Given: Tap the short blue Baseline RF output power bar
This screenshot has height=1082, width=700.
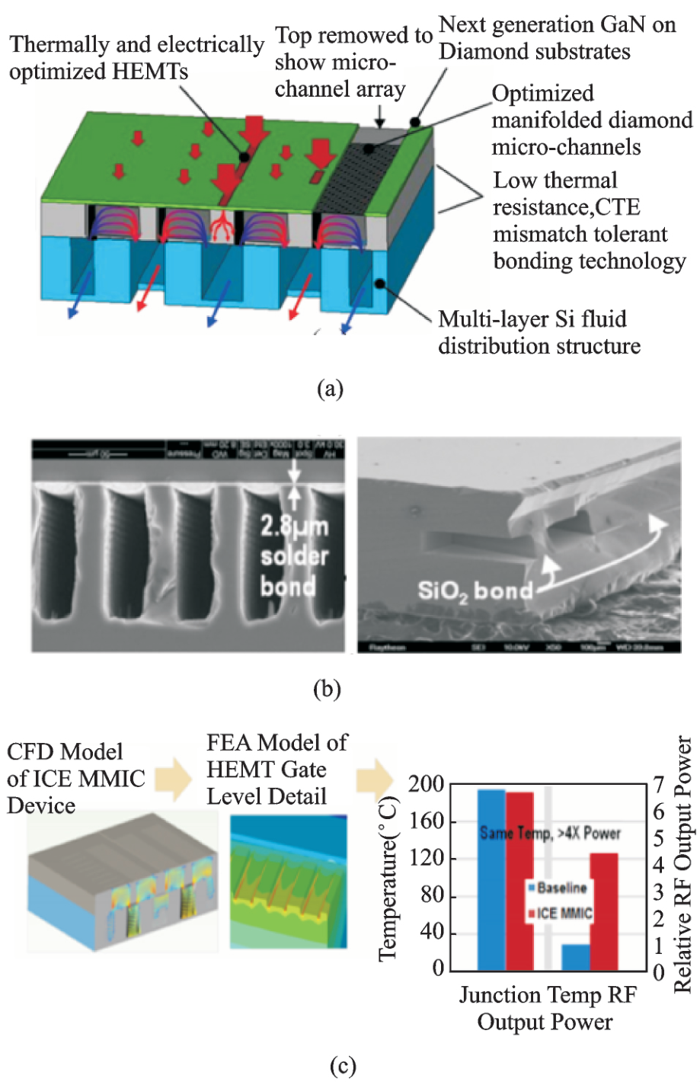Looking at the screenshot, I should pos(576,957).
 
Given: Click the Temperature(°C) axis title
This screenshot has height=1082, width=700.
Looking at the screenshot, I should pos(388,877).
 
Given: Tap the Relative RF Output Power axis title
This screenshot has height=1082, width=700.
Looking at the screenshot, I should pos(683,865).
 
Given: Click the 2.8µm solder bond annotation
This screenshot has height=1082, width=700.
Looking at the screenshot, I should pos(294,555).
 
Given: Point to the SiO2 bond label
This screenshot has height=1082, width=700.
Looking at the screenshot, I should pos(475,590).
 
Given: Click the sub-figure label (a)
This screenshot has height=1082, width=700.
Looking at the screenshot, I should pos(330,389).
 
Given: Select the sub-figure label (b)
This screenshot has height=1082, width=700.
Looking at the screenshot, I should pos(327,689).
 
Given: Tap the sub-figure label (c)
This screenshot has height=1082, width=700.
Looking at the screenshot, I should pos(343,1065).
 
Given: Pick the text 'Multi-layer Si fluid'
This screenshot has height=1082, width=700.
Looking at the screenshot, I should pos(532,319).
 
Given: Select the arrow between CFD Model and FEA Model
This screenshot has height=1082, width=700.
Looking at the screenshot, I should pos(173,779).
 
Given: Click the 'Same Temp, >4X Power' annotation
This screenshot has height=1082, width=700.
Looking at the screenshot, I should pos(550,833).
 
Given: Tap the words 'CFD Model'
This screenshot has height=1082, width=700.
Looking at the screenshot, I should pos(65,752).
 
